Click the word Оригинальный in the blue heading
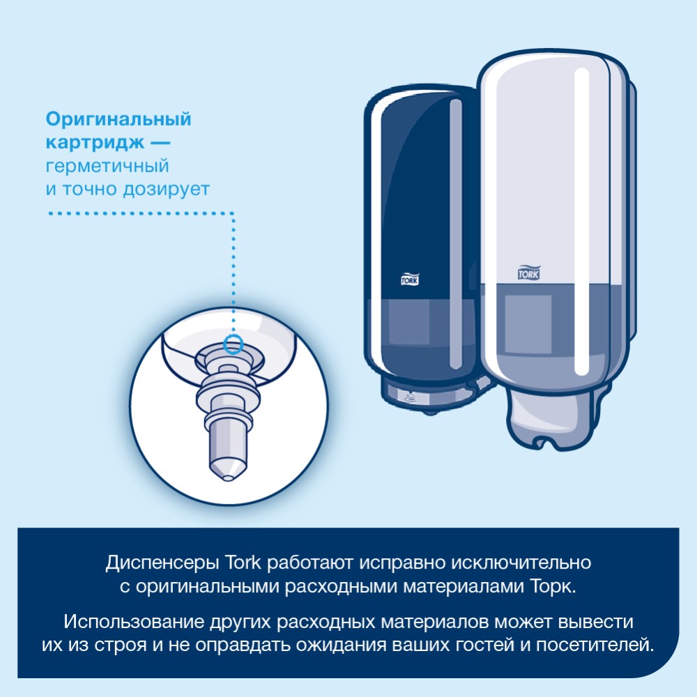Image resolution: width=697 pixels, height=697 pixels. coord(118,119)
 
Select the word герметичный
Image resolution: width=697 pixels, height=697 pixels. coord(107,167)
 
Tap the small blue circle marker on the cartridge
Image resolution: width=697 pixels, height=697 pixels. coord(233,342)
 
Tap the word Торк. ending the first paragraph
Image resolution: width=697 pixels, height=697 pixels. coord(555,587)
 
